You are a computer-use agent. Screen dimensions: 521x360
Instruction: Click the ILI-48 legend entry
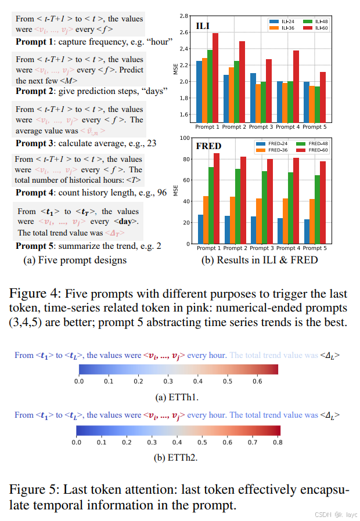[320, 21]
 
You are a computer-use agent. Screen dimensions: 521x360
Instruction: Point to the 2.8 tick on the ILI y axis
[184, 16]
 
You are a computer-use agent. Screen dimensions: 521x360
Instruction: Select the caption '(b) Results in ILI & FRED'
[259, 260]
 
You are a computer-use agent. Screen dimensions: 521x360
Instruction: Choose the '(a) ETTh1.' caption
[178, 397]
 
